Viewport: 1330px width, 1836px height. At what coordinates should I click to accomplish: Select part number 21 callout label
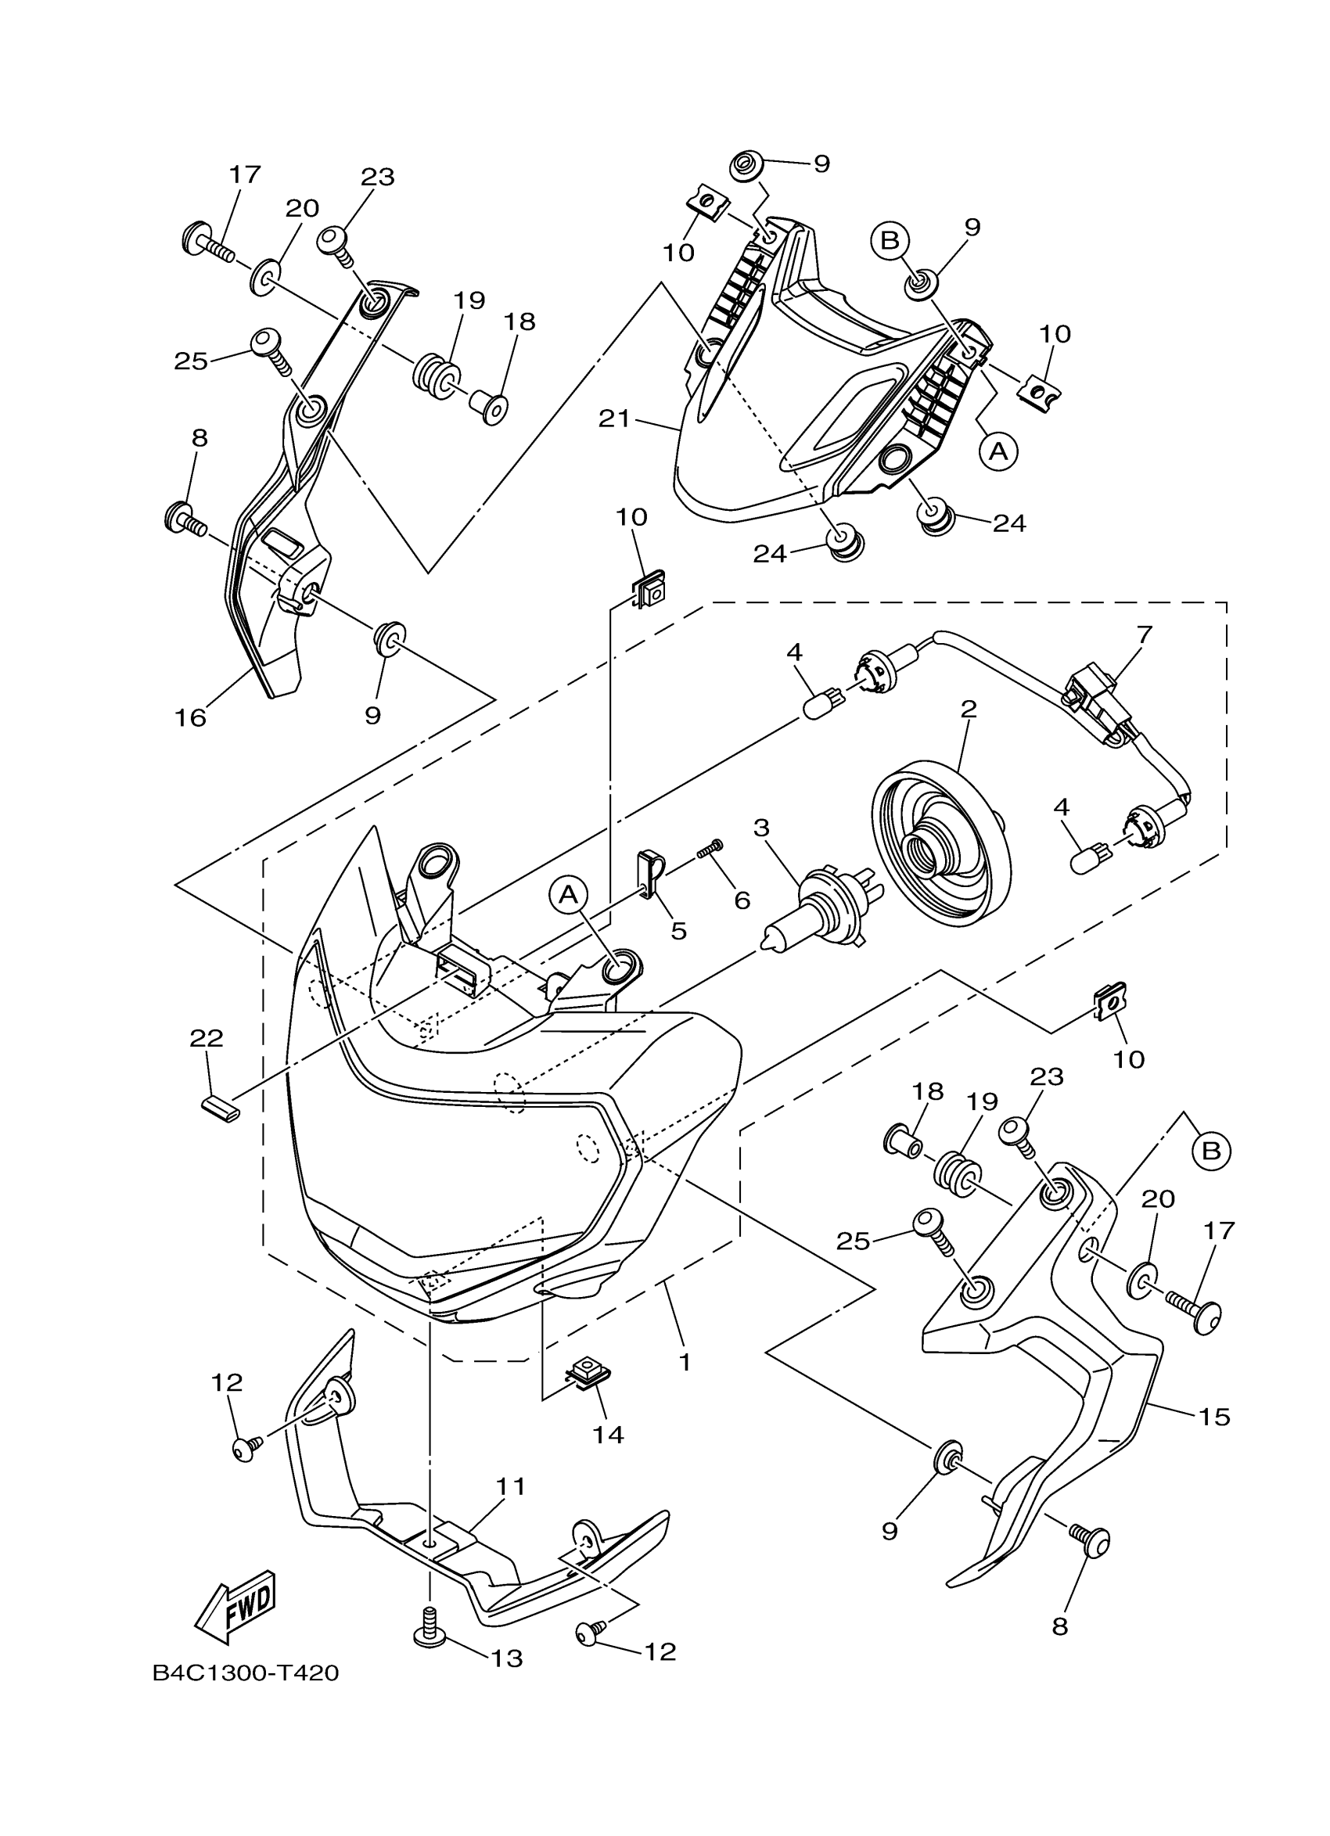(x=614, y=419)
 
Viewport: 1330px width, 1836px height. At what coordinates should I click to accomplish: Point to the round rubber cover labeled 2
(x=942, y=844)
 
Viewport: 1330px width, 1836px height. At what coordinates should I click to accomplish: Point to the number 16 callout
(x=191, y=717)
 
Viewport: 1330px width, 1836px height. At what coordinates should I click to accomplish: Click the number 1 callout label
(x=685, y=1363)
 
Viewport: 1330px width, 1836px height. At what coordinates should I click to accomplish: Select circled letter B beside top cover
(x=890, y=239)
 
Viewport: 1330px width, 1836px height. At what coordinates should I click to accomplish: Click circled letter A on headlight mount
(x=569, y=894)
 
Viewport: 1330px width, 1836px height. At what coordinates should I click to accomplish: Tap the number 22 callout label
(x=207, y=1038)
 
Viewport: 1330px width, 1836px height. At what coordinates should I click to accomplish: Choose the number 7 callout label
(x=1144, y=634)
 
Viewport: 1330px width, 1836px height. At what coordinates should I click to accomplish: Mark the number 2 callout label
(x=968, y=710)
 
